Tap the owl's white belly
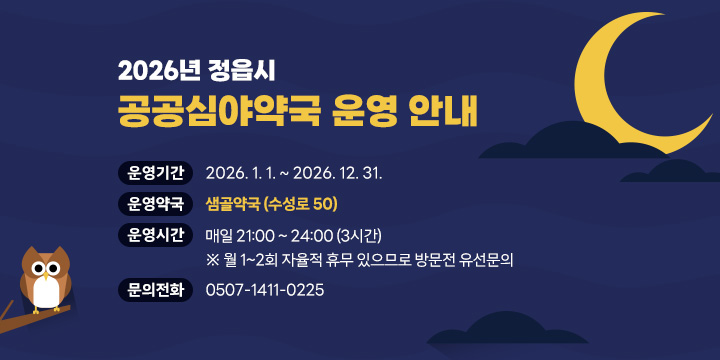[x=45, y=291]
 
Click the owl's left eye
[x=38, y=268]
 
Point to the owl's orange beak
[x=45, y=275]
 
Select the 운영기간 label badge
[x=155, y=172]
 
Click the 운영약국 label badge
[x=155, y=204]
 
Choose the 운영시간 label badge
[x=155, y=236]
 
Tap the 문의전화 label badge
[x=155, y=290]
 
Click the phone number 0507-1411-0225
[x=264, y=290]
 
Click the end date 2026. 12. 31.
[x=339, y=172]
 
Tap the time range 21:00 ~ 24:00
[x=282, y=236]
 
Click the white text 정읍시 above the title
[x=249, y=71]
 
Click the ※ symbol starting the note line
[x=211, y=261]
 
